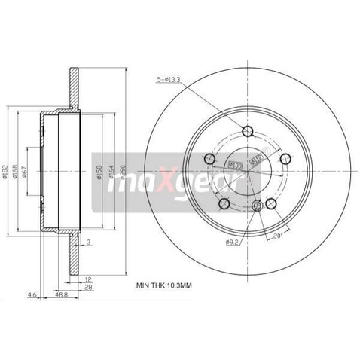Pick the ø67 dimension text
click(x=26, y=173)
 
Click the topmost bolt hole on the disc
click(x=248, y=131)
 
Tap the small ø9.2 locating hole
click(x=257, y=206)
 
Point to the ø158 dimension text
click(x=98, y=173)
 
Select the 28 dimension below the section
click(x=88, y=288)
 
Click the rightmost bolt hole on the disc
click(x=285, y=159)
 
